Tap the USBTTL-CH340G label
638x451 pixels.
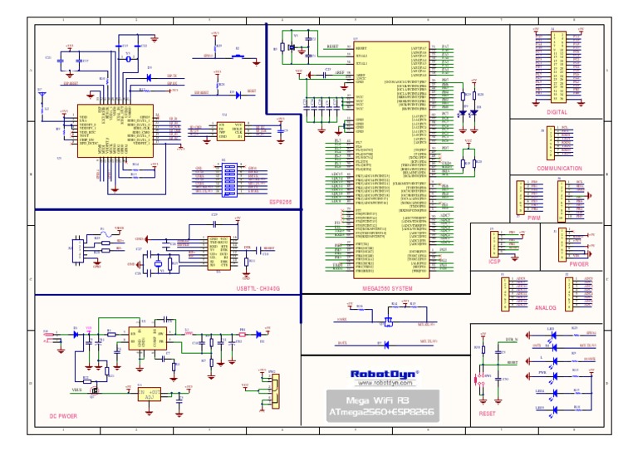coord(258,288)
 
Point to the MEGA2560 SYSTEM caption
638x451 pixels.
coord(388,288)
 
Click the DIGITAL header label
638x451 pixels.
coord(557,111)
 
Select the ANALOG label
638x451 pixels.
coord(546,307)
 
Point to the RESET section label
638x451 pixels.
coord(487,413)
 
